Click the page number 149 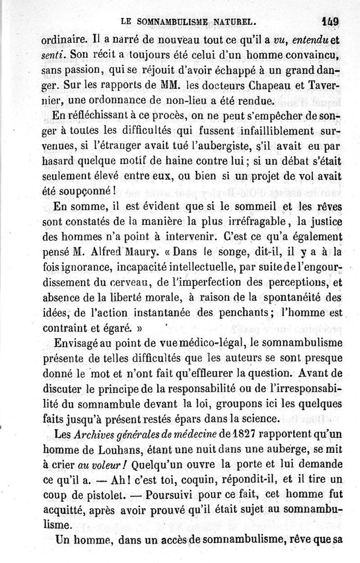(330, 21)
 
